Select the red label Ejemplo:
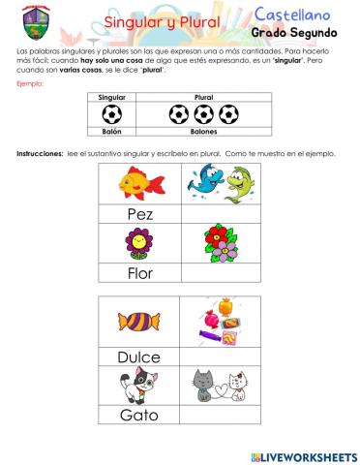(31, 84)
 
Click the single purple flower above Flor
(139, 243)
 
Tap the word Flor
(140, 273)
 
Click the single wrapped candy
(139, 324)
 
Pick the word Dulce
(139, 356)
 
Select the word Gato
(139, 416)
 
